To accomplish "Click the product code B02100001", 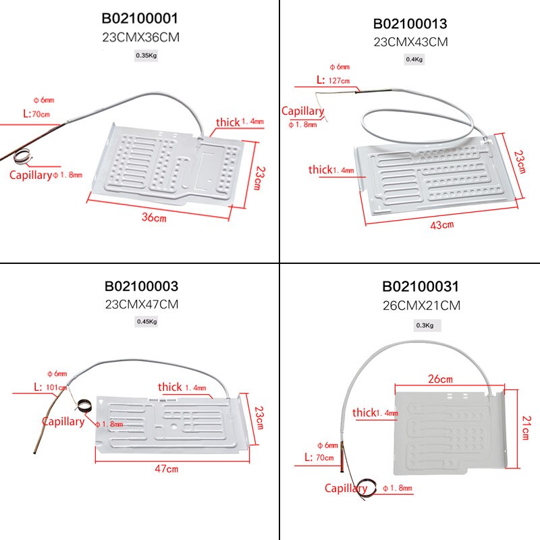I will click(140, 18).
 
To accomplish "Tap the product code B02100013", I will click(410, 24).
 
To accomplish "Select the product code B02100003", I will click(141, 287).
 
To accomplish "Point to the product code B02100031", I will click(421, 288).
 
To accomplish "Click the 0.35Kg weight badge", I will click(146, 56).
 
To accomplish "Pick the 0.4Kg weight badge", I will click(414, 59).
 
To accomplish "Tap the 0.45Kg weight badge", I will click(146, 321).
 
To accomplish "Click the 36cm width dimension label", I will click(155, 218).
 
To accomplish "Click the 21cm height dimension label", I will click(526, 427).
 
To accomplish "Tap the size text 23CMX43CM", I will click(410, 41).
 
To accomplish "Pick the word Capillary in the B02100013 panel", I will click(303, 111).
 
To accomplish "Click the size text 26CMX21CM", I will click(421, 305).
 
